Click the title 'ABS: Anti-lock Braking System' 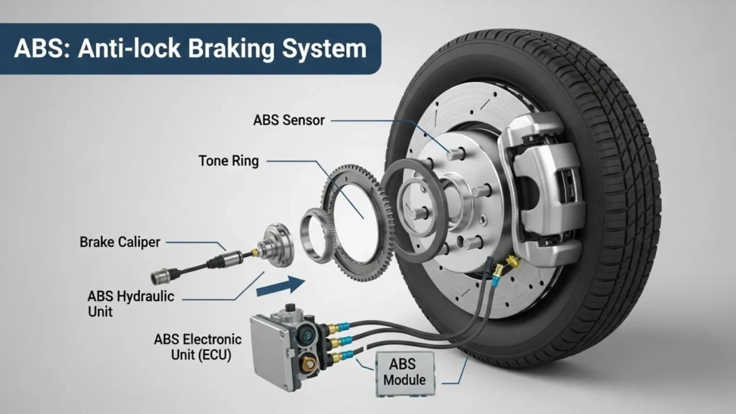190,48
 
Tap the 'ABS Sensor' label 289,120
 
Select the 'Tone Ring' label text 229,160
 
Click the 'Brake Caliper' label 120,242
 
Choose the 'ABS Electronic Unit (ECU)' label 198,347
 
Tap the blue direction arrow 281,287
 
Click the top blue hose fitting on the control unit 343,326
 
